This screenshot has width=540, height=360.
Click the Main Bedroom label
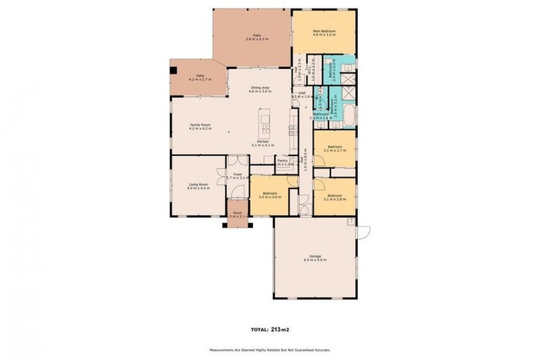pos(324,32)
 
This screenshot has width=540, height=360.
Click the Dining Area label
pos(259,88)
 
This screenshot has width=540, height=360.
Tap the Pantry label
pos(283,160)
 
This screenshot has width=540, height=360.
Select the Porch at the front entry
pos(238,212)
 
